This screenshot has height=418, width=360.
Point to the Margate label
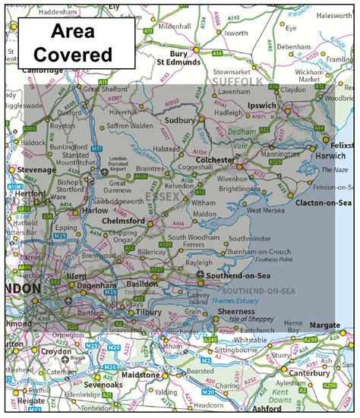coord(324,325)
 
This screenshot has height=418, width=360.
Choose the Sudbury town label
coord(181,120)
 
